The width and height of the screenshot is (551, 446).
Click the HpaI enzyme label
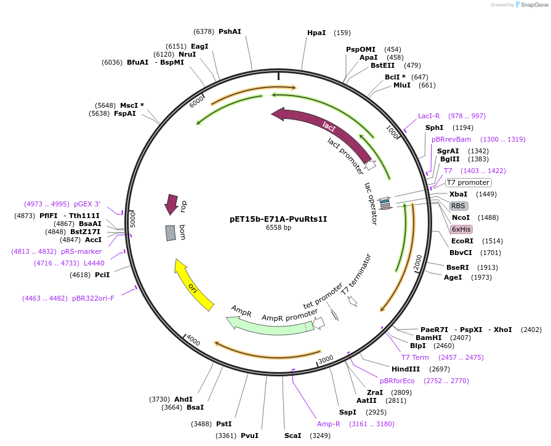[316, 33]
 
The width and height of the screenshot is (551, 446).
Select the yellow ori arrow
[193, 285]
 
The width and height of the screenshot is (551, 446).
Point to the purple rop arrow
[171, 205]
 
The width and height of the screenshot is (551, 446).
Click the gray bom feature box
[171, 233]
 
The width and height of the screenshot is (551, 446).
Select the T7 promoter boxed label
[468, 182]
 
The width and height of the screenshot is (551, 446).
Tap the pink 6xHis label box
[461, 229]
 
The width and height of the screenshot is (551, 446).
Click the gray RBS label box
[458, 206]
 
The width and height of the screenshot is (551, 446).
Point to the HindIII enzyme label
[406, 369]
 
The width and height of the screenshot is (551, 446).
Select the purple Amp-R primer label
[328, 424]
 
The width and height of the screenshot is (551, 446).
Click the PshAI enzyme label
[230, 31]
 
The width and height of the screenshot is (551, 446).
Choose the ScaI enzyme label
[292, 436]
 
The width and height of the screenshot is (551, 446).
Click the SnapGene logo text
[533, 5]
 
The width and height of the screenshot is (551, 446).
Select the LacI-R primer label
[428, 116]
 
